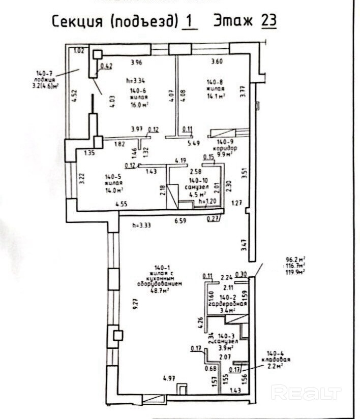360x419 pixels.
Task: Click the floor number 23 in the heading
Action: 268,21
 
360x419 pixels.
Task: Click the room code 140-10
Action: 196,180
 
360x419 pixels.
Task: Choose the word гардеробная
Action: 228,303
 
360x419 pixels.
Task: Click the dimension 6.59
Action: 181,221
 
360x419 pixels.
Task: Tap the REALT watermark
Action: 306,392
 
